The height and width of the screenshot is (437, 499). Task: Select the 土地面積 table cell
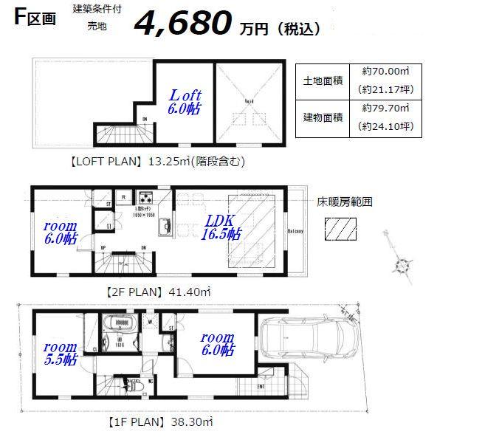click(322, 80)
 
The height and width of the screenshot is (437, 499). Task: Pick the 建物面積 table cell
click(322, 117)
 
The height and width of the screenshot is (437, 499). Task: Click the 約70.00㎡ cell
click(385, 72)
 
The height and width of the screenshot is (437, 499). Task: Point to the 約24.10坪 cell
click(385, 126)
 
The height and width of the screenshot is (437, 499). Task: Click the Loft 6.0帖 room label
click(185, 102)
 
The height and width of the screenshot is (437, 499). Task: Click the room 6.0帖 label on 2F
click(60, 233)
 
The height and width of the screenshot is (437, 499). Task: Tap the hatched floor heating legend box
click(341, 230)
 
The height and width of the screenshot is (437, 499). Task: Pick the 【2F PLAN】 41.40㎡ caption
click(158, 292)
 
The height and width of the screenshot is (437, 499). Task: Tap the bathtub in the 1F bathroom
click(117, 326)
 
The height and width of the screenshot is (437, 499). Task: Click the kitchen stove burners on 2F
click(145, 197)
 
